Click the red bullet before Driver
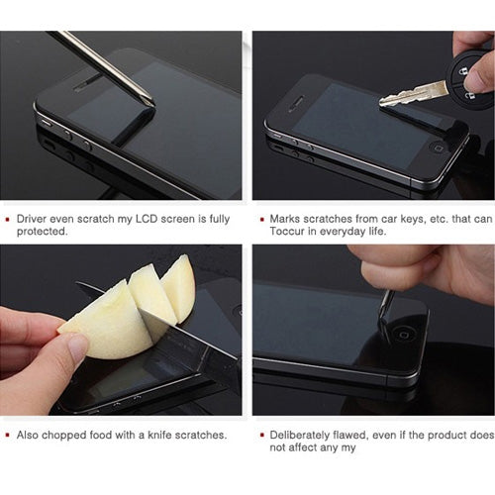[x=10, y=218]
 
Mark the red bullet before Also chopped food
[x=10, y=435]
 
